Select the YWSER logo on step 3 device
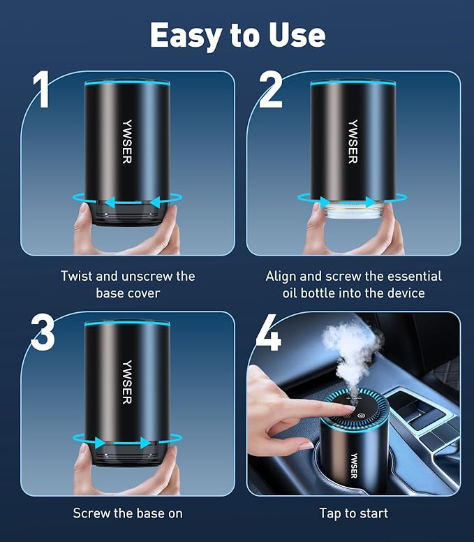[126, 381]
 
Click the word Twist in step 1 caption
[77, 277]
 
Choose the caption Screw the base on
[128, 513]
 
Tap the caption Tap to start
[353, 513]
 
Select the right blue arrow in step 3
[145, 443]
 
